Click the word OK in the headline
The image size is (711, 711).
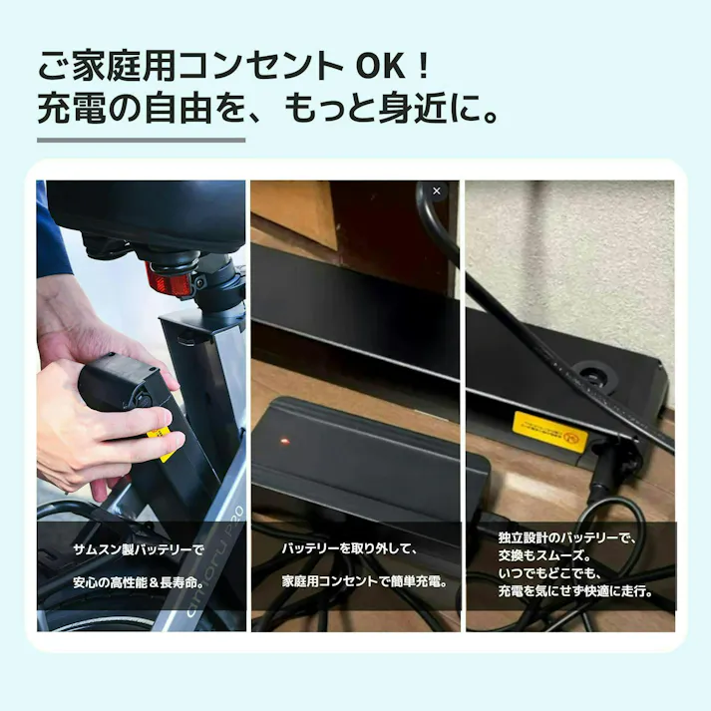point(378,66)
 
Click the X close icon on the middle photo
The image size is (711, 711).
point(436,190)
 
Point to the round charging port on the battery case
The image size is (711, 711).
point(594,378)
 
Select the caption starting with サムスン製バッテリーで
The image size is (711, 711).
point(138,549)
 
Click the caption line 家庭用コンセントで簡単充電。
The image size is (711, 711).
point(364,580)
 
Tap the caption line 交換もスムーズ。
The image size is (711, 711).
point(546,555)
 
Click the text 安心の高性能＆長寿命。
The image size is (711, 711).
point(138,580)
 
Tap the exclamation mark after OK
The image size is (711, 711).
point(423,66)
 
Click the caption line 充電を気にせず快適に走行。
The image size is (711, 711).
point(575,591)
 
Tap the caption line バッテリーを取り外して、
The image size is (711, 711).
point(348,549)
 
